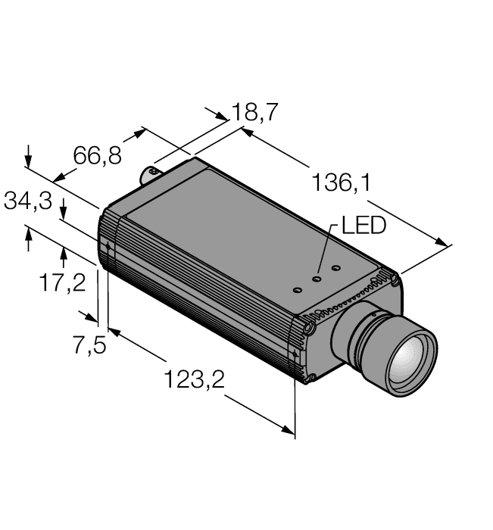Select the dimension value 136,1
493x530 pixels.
pyautogui.click(x=342, y=182)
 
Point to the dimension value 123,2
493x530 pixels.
pyautogui.click(x=195, y=379)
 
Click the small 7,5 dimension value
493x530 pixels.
pyautogui.click(x=88, y=345)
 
